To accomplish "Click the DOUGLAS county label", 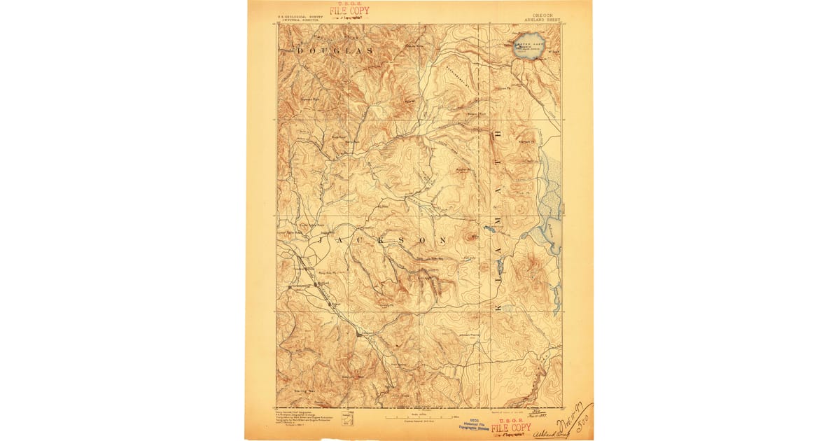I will [335, 52].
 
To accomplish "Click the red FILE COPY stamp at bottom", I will [511, 427].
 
